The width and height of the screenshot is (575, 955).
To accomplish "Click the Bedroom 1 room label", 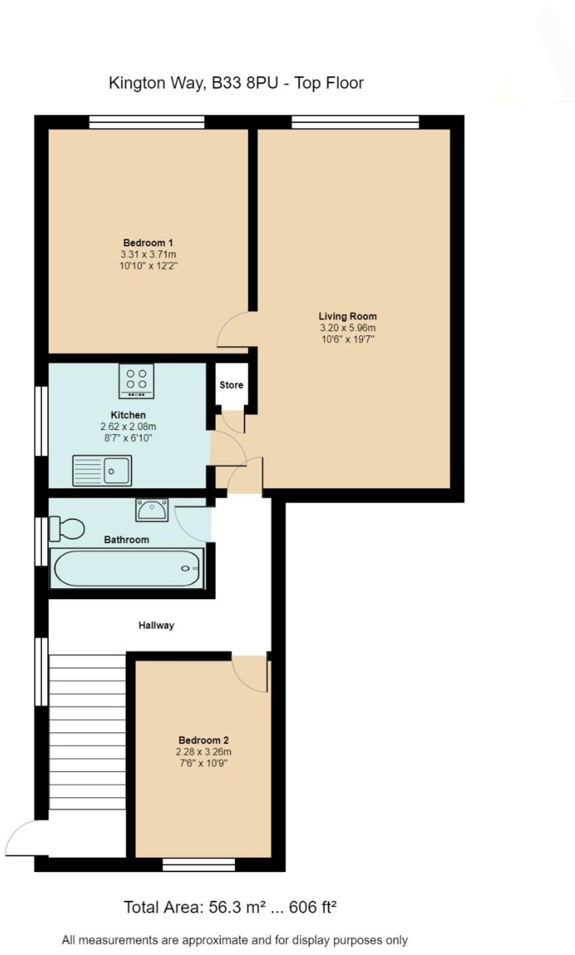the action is point(148,243).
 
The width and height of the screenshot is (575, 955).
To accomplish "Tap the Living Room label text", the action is point(347,316).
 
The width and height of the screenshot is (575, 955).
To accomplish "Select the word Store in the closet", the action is point(231,385).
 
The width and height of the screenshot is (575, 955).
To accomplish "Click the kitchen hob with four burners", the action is point(136,381).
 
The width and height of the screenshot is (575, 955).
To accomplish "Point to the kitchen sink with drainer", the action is point(102,471).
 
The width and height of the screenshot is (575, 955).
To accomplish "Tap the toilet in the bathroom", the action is point(67,529).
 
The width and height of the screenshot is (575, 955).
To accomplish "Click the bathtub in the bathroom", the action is point(127,568).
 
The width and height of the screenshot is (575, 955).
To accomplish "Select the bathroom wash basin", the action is point(152,510).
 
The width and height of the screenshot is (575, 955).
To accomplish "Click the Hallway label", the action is point(156,625).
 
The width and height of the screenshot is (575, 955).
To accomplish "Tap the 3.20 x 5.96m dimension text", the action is point(347,328).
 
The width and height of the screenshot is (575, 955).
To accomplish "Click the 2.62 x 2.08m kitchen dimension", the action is point(128,426).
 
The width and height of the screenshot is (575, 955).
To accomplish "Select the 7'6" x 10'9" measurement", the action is point(204,763).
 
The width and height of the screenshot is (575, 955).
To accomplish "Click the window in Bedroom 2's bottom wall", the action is point(199,865).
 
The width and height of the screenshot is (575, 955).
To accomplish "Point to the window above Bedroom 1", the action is point(147,122).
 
